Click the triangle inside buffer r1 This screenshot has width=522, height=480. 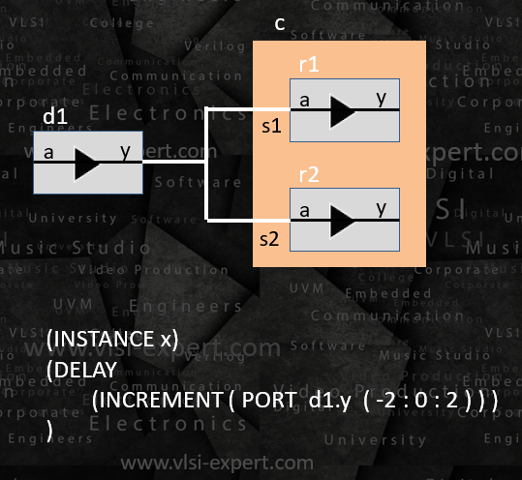[x=343, y=111]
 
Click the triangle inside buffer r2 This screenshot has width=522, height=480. [x=343, y=222]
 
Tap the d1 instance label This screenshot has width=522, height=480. [x=53, y=117]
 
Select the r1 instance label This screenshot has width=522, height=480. [x=310, y=66]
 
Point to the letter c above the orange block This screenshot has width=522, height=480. [x=279, y=23]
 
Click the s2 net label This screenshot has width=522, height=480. [x=270, y=237]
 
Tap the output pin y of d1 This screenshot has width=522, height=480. [x=125, y=150]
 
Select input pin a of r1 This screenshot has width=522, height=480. [x=304, y=99]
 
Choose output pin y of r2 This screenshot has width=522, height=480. [x=381, y=208]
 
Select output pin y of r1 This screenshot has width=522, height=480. [x=381, y=98]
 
